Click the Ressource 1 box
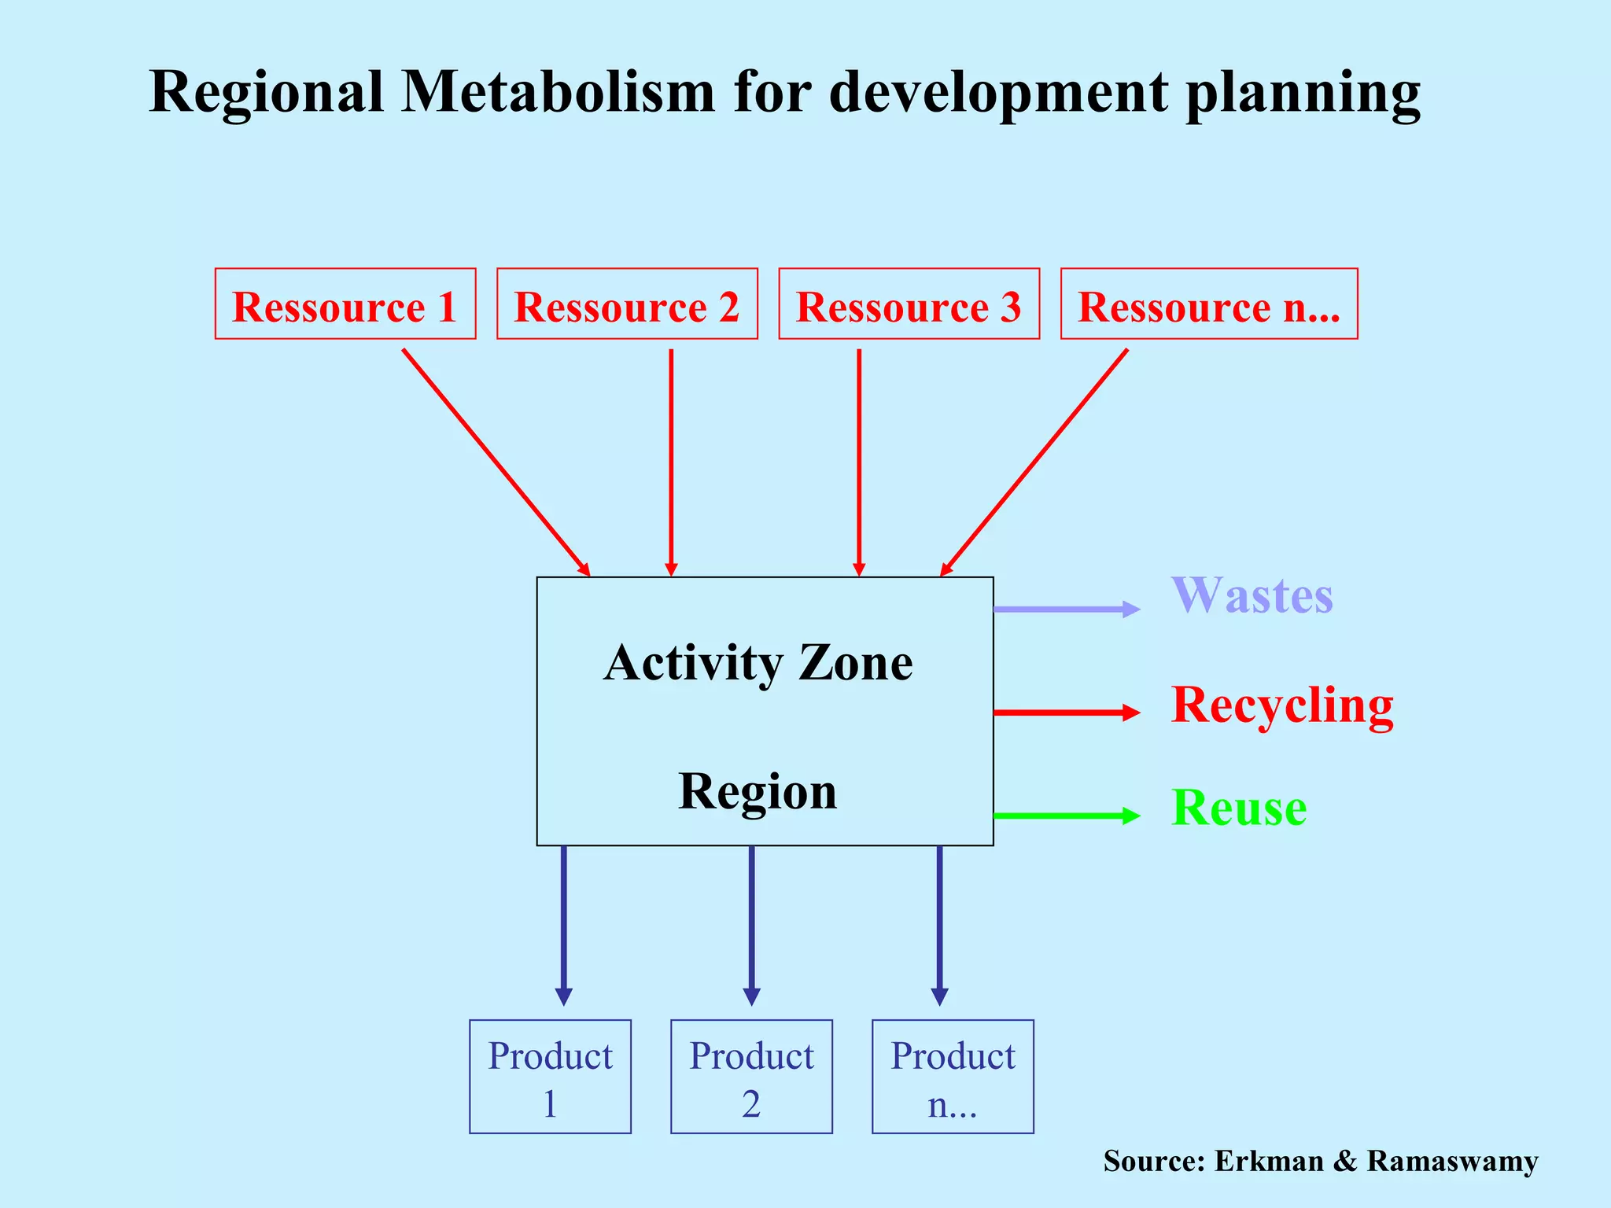pyautogui.click(x=345, y=304)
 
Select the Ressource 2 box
pyautogui.click(x=627, y=304)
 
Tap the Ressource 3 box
pyautogui.click(x=909, y=304)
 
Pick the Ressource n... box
pyautogui.click(x=1209, y=304)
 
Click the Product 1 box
pyautogui.click(x=550, y=1077)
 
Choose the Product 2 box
pyautogui.click(x=751, y=1077)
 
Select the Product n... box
pyautogui.click(x=953, y=1077)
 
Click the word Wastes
pyautogui.click(x=1252, y=595)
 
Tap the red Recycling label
pyautogui.click(x=1282, y=705)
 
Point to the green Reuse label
pyautogui.click(x=1239, y=808)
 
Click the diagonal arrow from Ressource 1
pyautogui.click(x=496, y=462)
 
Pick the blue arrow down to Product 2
pyautogui.click(x=751, y=924)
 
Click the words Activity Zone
pyautogui.click(x=758, y=662)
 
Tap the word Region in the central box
pyautogui.click(x=758, y=791)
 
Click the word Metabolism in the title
pyautogui.click(x=558, y=92)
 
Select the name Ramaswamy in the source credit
pyautogui.click(x=1452, y=1162)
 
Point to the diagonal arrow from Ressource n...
pyautogui.click(x=1034, y=462)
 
